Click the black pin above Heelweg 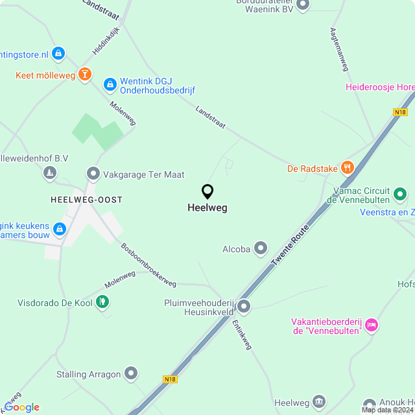[x=207, y=192]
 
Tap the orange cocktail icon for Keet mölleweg [x=84, y=75]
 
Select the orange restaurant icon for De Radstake [x=348, y=169]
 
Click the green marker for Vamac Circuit [x=400, y=193]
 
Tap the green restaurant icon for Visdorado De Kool [x=102, y=302]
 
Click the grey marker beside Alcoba [x=261, y=248]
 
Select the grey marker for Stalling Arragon [x=131, y=373]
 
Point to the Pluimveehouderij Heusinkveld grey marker [x=244, y=305]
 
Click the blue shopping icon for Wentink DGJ [x=110, y=84]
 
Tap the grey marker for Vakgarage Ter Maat [x=93, y=174]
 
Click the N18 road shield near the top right [x=400, y=112]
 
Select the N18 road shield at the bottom [x=169, y=379]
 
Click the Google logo [x=21, y=407]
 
